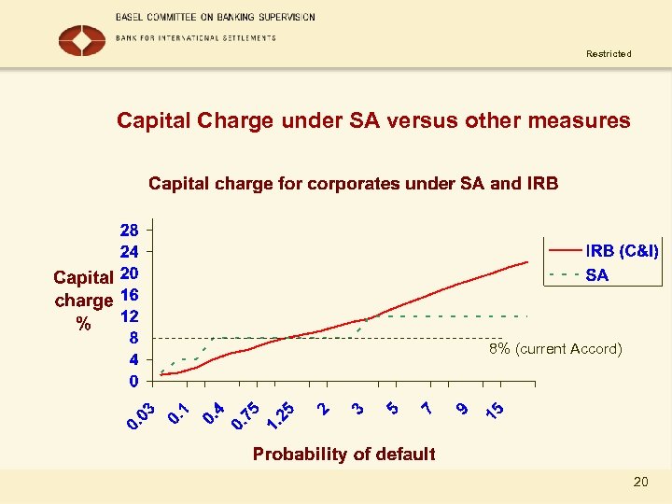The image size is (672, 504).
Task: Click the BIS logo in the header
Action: (82, 40)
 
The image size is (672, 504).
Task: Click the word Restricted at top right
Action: (609, 54)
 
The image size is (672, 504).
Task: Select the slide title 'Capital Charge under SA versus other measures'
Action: (373, 121)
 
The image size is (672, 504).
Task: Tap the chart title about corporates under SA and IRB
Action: (353, 184)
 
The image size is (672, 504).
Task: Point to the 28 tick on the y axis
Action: (129, 230)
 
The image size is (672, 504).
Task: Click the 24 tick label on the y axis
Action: (129, 252)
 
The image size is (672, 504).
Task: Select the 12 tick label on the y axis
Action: (129, 316)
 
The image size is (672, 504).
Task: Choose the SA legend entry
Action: (596, 274)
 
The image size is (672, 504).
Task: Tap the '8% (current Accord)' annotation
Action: (554, 349)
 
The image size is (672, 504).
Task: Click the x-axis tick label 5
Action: (392, 408)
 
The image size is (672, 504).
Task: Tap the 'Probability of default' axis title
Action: (344, 455)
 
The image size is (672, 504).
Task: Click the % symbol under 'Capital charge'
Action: (84, 324)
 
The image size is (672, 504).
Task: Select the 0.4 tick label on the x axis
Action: (215, 412)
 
